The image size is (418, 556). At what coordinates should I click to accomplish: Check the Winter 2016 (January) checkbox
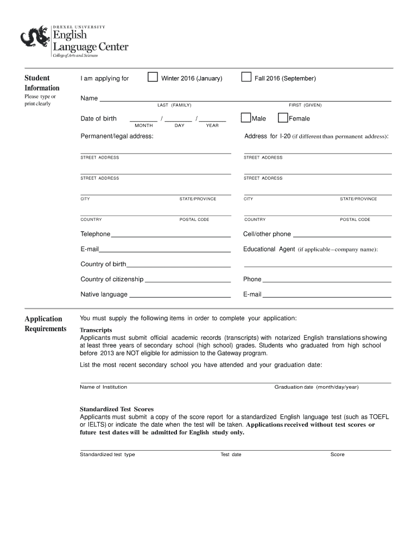click(x=153, y=77)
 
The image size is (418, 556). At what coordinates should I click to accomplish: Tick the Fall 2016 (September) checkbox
click(x=246, y=77)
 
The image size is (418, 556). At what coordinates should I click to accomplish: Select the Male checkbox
click(x=246, y=118)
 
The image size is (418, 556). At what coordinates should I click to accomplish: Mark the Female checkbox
click(x=283, y=118)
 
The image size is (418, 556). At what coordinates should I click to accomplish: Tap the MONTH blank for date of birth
click(x=143, y=118)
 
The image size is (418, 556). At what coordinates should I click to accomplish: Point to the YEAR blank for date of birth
click(x=212, y=118)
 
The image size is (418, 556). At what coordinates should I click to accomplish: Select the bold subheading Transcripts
click(x=96, y=330)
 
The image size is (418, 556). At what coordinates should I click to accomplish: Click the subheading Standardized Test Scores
click(x=117, y=409)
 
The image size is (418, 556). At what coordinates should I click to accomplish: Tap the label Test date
click(x=231, y=454)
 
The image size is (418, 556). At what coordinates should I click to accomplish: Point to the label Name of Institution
click(x=103, y=387)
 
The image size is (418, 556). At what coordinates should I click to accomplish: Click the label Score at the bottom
click(x=337, y=454)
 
